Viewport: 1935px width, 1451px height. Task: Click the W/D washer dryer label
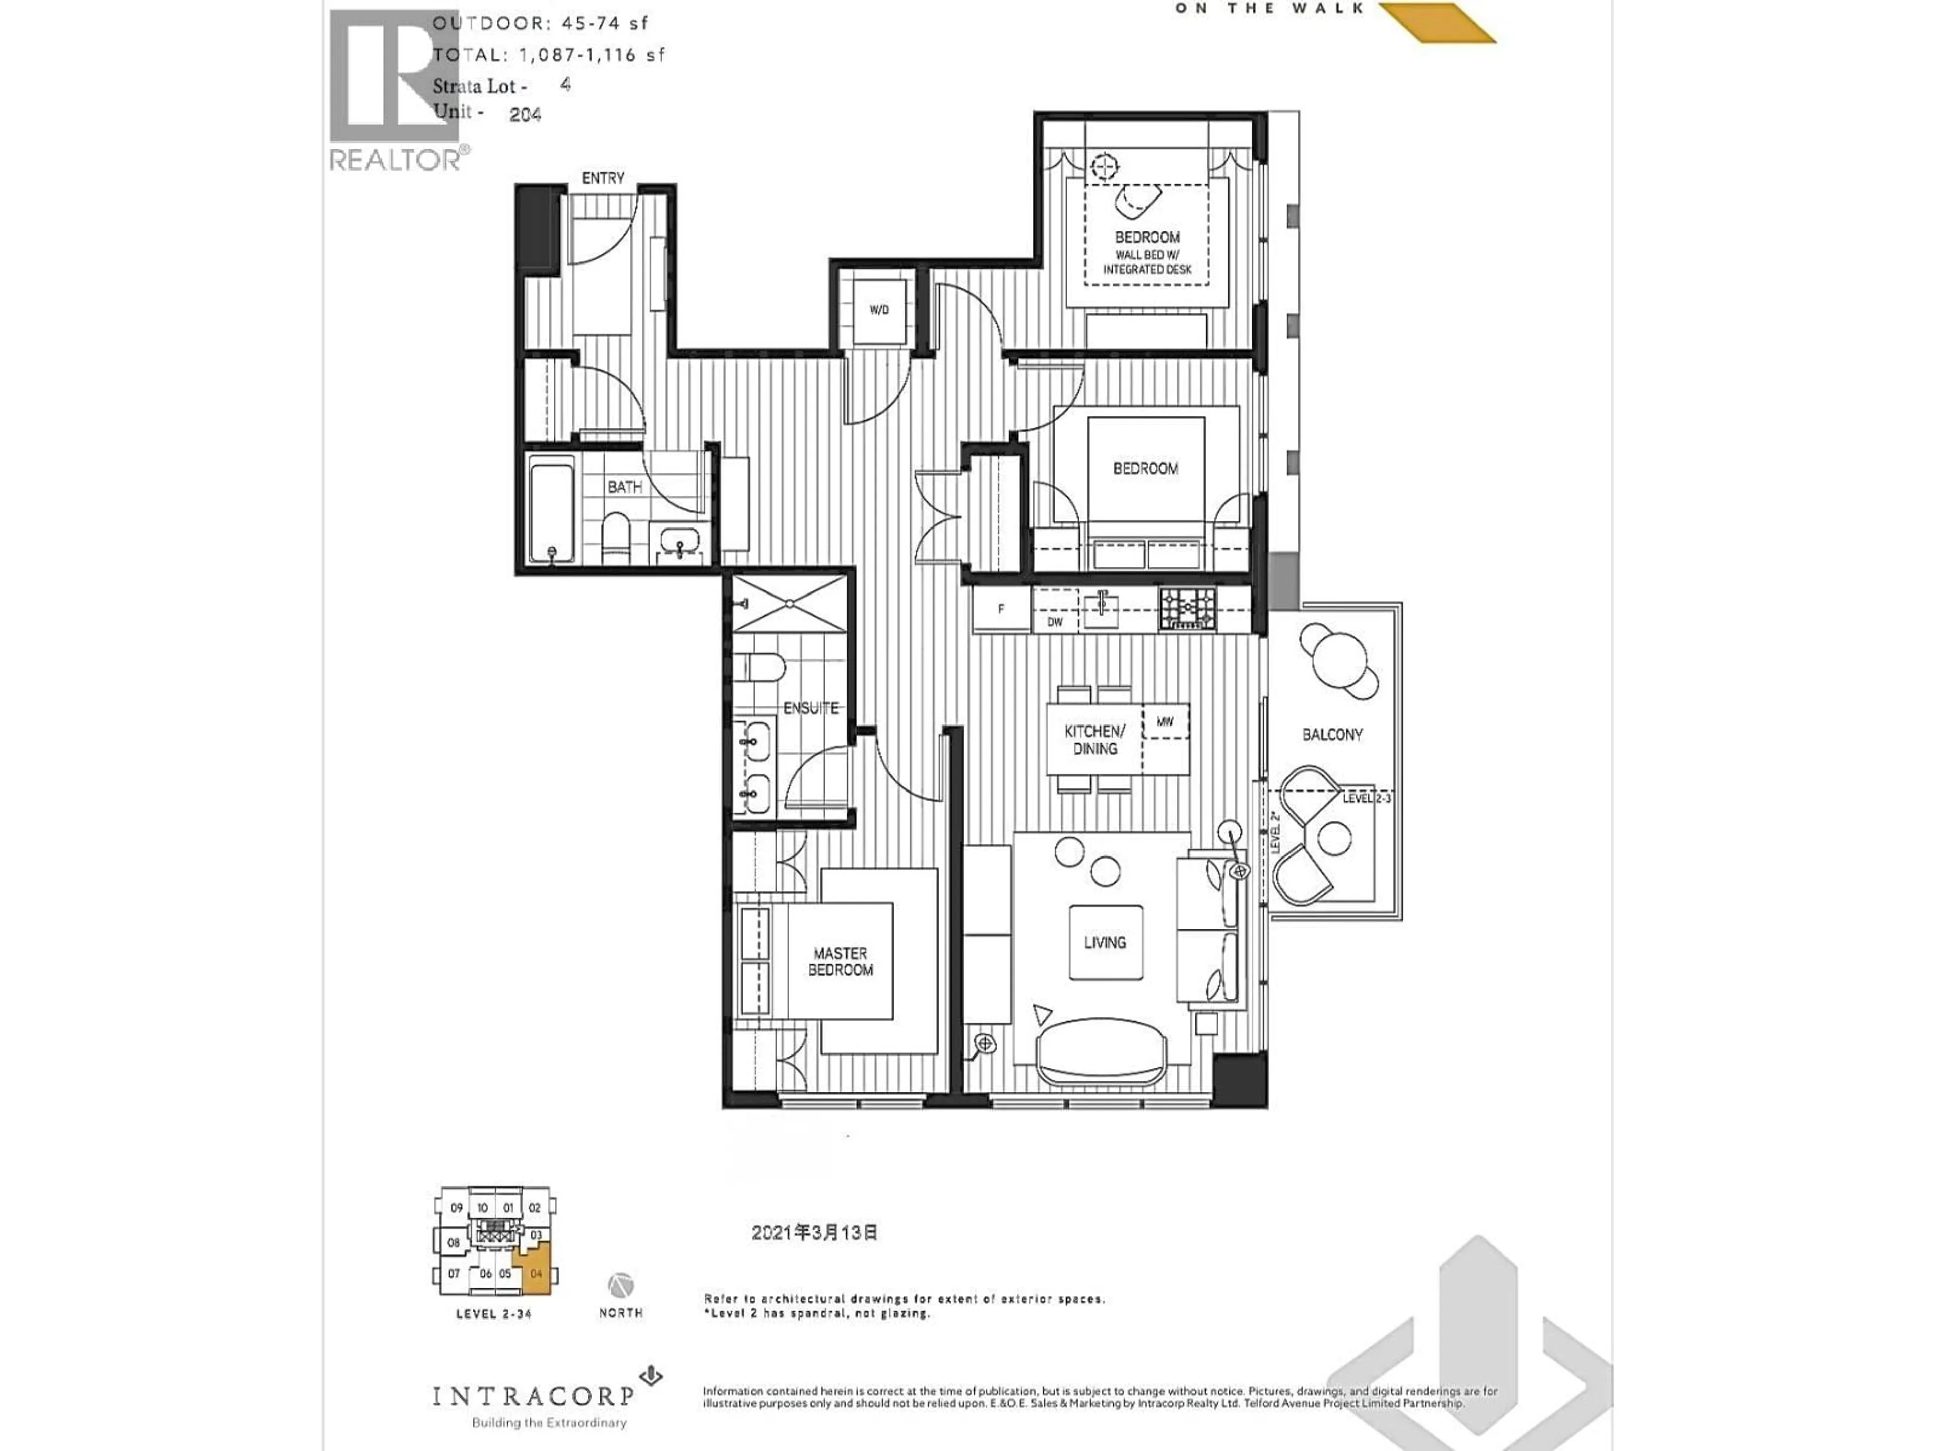879,310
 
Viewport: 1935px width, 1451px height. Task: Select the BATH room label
624,486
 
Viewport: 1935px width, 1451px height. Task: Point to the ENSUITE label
810,707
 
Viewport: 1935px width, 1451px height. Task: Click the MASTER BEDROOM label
840,961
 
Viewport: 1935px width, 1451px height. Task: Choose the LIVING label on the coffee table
1105,942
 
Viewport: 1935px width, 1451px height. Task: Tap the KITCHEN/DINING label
1094,739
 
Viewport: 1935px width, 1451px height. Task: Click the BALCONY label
1331,734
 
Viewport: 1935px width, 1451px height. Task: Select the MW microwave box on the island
1165,721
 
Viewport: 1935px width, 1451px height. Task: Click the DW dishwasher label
1055,622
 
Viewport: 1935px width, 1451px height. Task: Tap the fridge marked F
1001,609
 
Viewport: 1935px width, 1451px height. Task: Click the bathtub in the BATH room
551,512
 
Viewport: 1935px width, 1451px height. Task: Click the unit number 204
525,114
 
